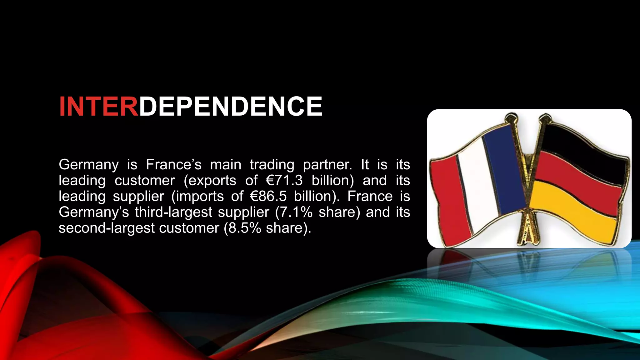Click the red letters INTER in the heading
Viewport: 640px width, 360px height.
pyautogui.click(x=98, y=107)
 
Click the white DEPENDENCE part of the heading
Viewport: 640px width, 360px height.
pyautogui.click(x=230, y=107)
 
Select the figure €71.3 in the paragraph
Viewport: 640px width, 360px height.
pyautogui.click(x=284, y=181)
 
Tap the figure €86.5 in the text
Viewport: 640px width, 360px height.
pyautogui.click(x=268, y=196)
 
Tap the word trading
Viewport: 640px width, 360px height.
pyautogui.click(x=272, y=165)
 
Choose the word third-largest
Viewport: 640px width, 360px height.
pyautogui.click(x=173, y=212)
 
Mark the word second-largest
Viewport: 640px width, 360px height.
pyautogui.click(x=106, y=228)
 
